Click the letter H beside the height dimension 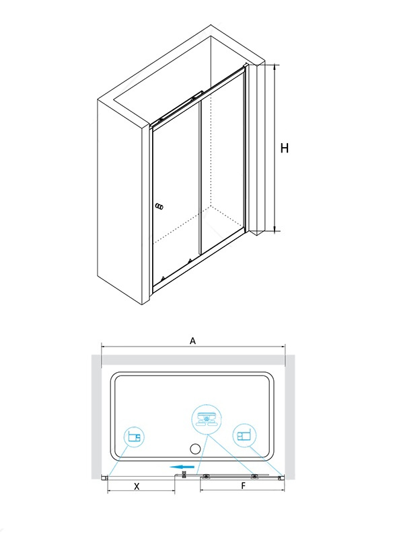point(284,148)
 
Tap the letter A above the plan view point(193,341)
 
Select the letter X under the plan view point(137,486)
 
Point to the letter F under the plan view point(244,486)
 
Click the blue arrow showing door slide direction point(182,467)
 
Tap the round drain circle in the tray point(195,448)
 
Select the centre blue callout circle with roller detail point(207,419)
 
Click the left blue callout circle point(134,437)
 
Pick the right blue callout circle point(244,436)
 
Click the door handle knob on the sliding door point(159,207)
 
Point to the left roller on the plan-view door point(207,477)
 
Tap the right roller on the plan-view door point(255,477)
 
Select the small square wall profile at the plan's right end point(281,478)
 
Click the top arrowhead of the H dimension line point(275,66)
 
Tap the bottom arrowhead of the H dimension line point(275,229)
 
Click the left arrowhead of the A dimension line point(103,347)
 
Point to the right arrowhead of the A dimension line point(283,347)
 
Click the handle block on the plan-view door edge point(184,475)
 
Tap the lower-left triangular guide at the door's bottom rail point(164,278)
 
